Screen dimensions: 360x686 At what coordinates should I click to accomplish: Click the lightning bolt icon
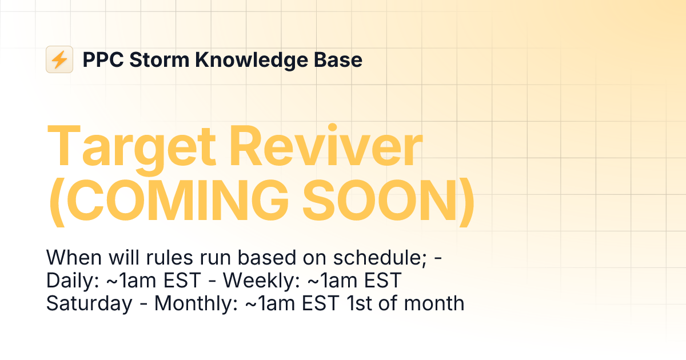(x=59, y=59)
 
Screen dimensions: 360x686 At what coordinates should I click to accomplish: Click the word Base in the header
(x=341, y=59)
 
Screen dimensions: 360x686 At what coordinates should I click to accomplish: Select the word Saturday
(x=89, y=303)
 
